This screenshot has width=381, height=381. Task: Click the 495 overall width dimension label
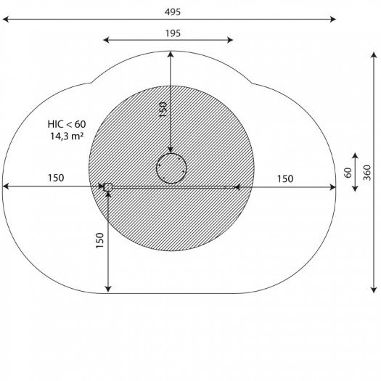173,12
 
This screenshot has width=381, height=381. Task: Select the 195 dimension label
173,33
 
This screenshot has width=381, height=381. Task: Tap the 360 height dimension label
367,173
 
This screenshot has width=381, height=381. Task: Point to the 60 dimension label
348,173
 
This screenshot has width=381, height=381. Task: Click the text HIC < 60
67,124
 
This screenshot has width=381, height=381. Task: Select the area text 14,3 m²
67,136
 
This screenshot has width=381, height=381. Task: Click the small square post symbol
107,187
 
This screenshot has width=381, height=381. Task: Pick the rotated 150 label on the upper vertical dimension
163,110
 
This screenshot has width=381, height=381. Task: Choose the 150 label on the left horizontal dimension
56,178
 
